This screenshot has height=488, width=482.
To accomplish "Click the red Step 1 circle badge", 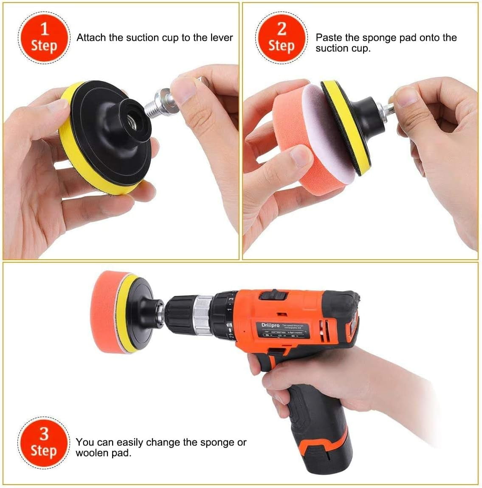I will [44, 38].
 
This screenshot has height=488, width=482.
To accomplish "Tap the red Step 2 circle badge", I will [281, 38].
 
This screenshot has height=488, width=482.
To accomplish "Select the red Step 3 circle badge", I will [44, 442].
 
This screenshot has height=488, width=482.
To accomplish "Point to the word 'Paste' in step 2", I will [328, 37].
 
